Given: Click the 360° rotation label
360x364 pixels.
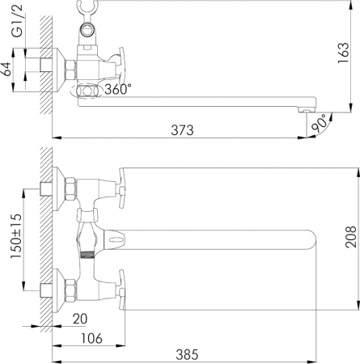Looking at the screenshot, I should (x=118, y=90).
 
